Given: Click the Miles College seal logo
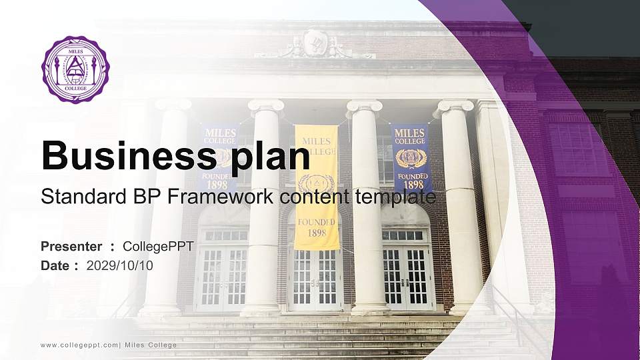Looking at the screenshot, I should [x=75, y=69].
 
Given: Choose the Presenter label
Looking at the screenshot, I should [x=71, y=247].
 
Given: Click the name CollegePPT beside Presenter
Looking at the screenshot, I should [x=158, y=247].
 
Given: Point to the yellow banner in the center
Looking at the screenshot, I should [x=317, y=187].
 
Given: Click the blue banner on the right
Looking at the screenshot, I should [x=411, y=157].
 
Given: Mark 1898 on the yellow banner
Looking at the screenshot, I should [x=317, y=233].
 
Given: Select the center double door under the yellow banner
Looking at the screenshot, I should [x=315, y=277].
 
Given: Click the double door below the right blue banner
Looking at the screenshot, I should [x=407, y=276].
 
